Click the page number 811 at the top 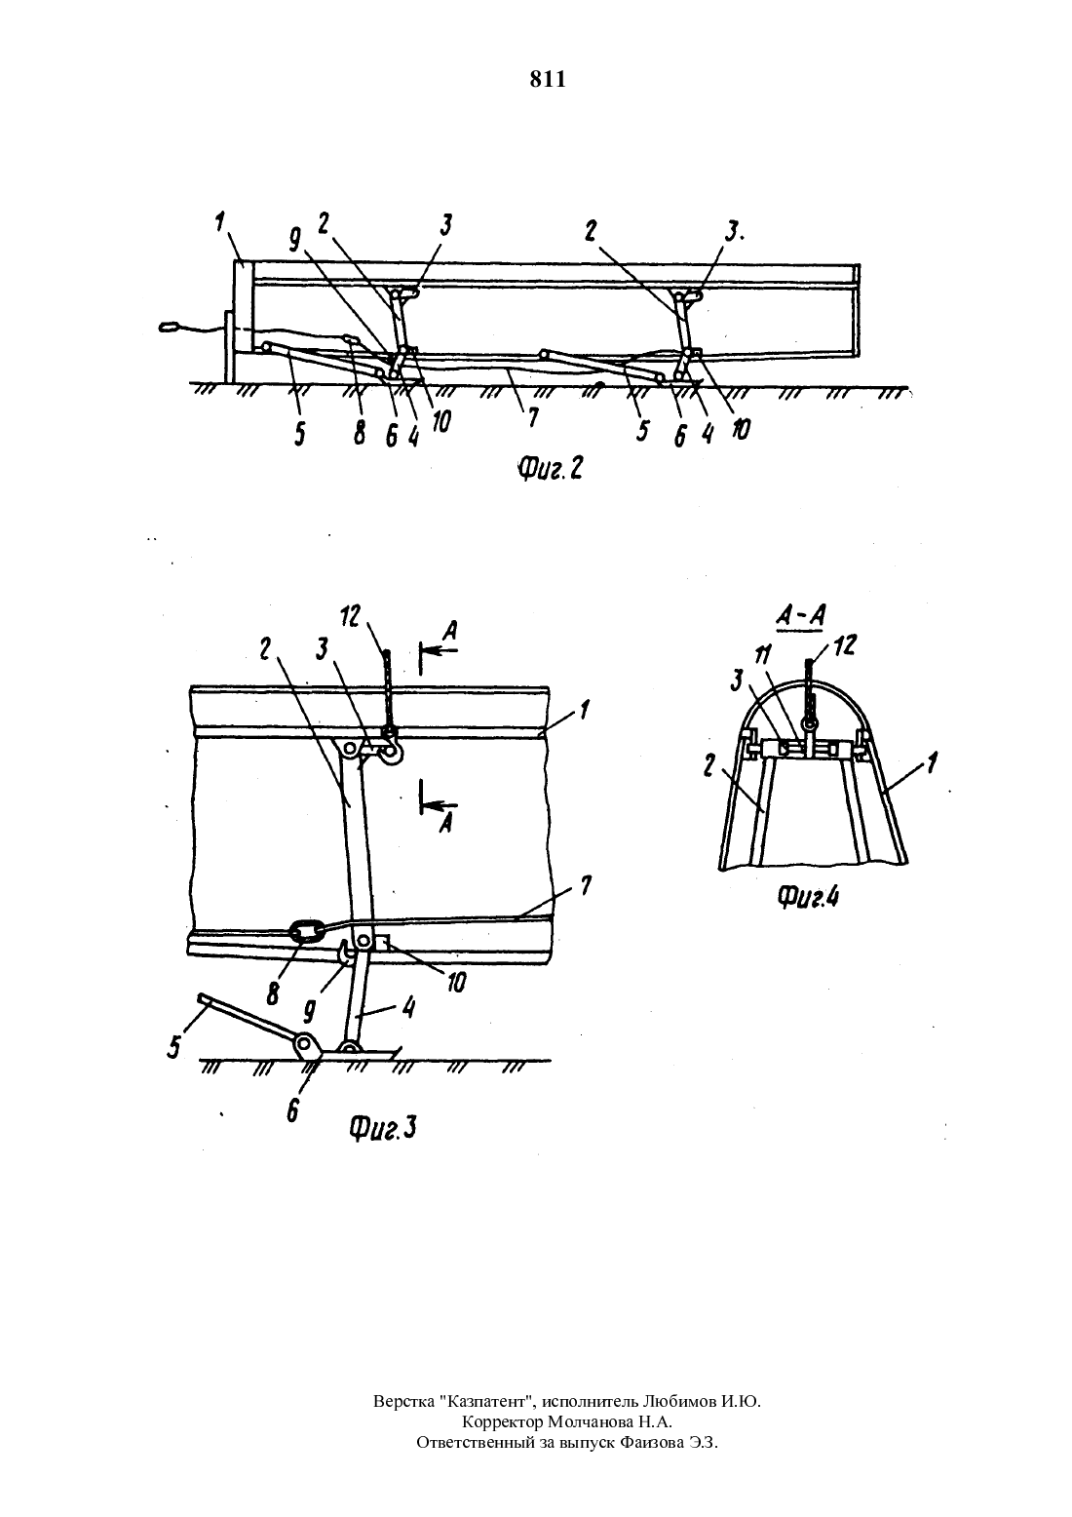tap(547, 80)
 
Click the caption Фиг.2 tap(550, 468)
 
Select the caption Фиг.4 tap(808, 897)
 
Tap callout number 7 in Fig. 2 tap(533, 417)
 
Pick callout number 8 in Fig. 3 tap(274, 993)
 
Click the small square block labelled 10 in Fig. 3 tap(383, 942)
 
